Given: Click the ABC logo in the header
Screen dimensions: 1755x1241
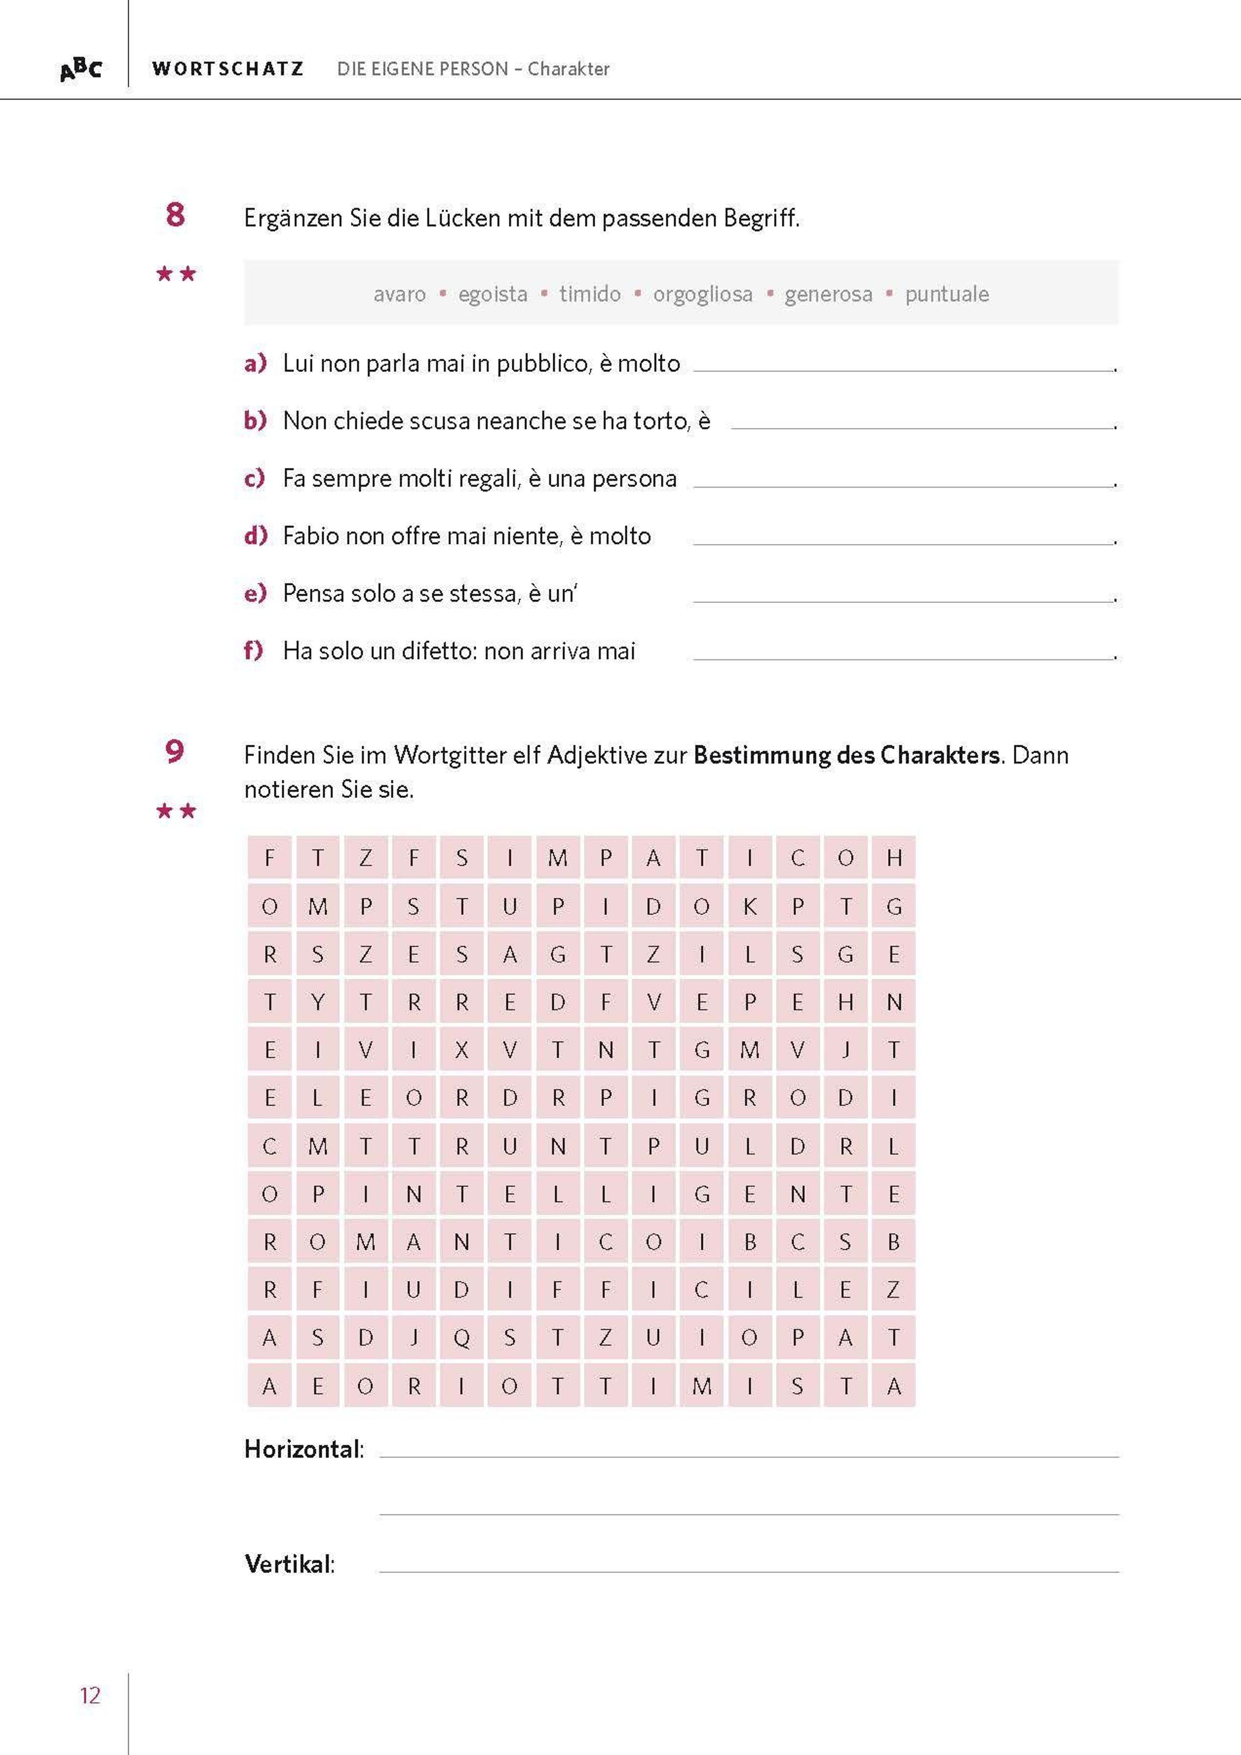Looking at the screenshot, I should [80, 70].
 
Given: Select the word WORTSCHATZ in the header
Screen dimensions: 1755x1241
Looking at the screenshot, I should [228, 69].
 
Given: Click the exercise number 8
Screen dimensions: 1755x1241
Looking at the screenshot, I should [175, 215].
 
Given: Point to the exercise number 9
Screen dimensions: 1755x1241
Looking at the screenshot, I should [175, 751].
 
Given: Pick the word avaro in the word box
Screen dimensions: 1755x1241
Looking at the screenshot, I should [399, 294].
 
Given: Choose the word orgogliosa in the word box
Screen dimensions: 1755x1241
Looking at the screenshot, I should [702, 294].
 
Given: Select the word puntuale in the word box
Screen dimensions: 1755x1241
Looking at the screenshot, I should [946, 294].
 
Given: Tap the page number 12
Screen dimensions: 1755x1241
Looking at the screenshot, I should [90, 1696].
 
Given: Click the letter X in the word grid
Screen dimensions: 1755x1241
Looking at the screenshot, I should [462, 1050].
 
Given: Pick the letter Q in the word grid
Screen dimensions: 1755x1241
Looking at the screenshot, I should [462, 1338].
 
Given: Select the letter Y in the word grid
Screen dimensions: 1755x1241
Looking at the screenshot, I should [318, 1002].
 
